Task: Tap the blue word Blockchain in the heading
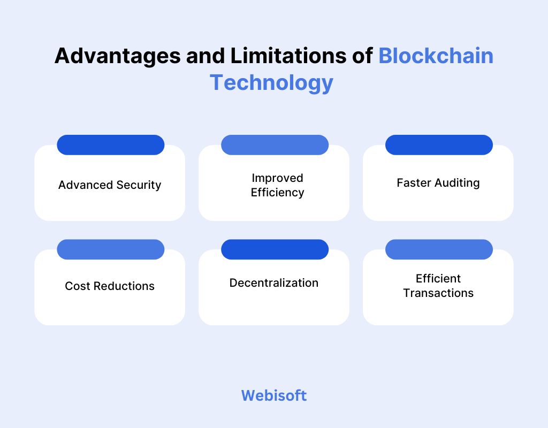[436, 56]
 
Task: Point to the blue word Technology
[271, 83]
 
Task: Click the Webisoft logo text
[273, 395]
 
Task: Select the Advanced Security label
[110, 185]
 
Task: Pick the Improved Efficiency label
[277, 185]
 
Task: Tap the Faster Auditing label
[438, 183]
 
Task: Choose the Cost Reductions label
[110, 286]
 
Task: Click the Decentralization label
[274, 283]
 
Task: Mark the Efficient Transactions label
[438, 286]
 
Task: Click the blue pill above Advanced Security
[110, 145]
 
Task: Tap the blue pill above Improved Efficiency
[275, 145]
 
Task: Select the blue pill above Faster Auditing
[439, 145]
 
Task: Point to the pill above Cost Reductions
[110, 249]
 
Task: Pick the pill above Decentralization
[275, 249]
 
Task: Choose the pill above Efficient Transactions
[439, 249]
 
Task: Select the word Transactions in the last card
[438, 293]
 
